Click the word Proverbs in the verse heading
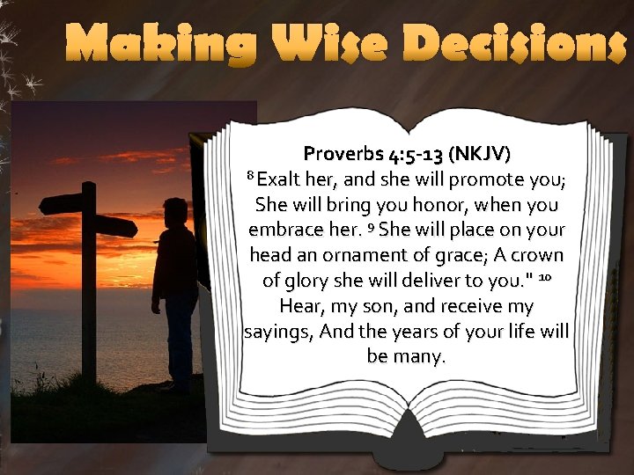(x=343, y=156)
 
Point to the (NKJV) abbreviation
(x=478, y=156)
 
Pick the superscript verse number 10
(x=545, y=278)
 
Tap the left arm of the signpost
(x=61, y=203)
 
